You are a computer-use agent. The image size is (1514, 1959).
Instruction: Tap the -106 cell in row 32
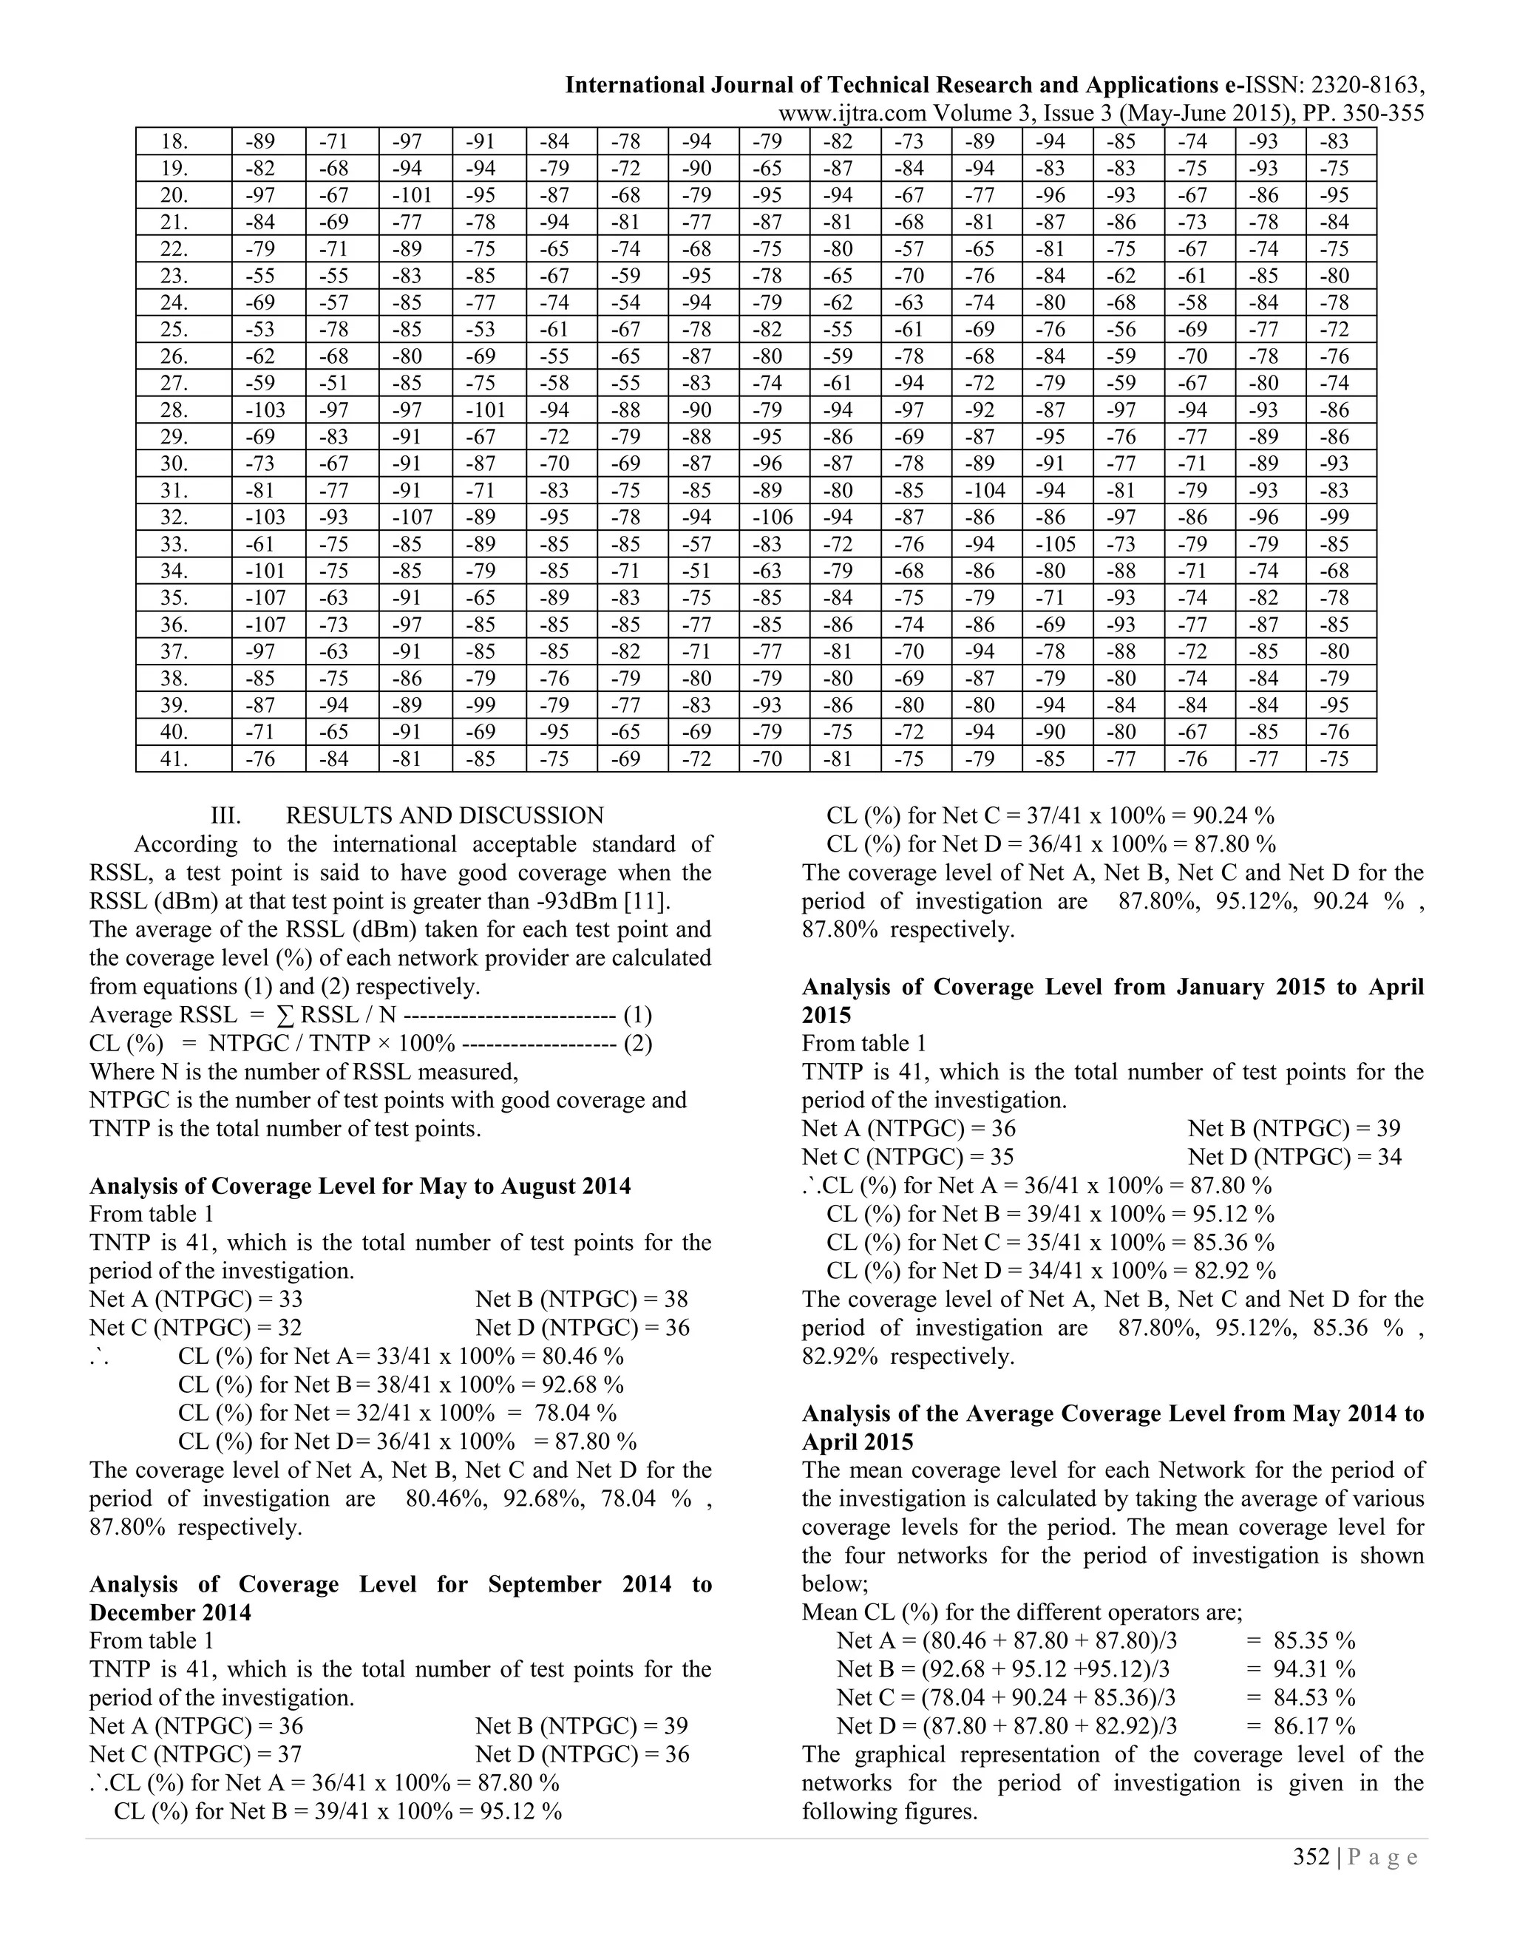(773, 517)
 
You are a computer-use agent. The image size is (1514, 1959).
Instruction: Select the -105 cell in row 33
(1056, 545)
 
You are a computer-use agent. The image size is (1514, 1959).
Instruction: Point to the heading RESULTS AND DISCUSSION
(444, 815)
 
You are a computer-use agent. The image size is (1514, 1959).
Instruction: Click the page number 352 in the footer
(1311, 1857)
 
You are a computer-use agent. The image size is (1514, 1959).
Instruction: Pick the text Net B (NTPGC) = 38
(581, 1299)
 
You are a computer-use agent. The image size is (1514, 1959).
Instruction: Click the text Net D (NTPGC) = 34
(1294, 1157)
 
